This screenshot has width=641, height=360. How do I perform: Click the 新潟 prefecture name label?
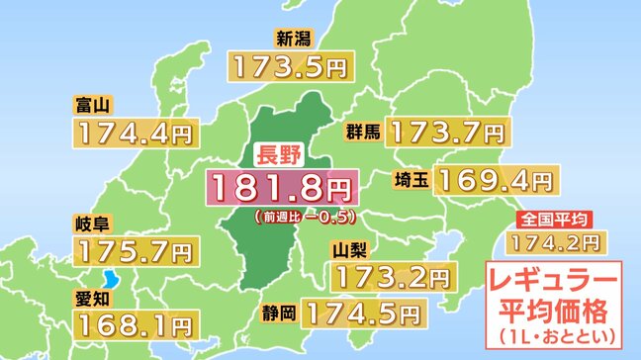(295, 41)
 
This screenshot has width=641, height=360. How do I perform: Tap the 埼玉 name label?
(410, 180)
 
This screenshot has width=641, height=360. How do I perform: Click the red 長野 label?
(279, 153)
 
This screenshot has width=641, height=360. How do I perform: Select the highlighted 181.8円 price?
(280, 186)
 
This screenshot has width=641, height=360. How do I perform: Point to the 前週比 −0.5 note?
(304, 215)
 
